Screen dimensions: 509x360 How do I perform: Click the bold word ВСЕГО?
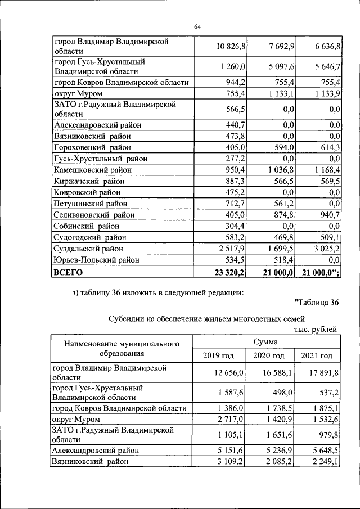point(67,272)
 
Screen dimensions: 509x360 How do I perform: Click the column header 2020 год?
point(269,356)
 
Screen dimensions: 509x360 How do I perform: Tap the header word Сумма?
point(268,341)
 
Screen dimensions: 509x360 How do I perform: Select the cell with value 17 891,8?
point(320,372)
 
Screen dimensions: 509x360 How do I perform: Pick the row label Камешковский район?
point(92,169)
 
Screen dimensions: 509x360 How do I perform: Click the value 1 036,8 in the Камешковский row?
point(276,169)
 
